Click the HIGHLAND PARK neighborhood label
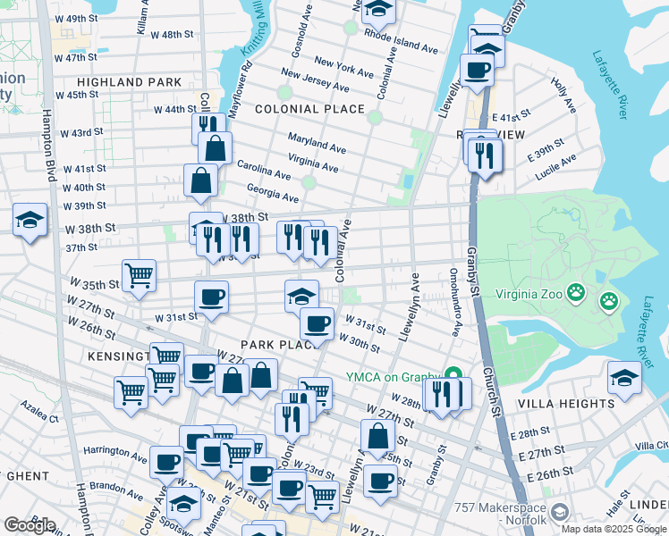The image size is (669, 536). [111, 82]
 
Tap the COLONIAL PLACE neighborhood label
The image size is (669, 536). [309, 109]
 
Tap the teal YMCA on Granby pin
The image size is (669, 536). [453, 375]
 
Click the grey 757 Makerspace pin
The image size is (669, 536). [560, 511]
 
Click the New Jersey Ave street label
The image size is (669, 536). [315, 81]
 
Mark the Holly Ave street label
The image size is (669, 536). [563, 95]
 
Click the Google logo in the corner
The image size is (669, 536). [30, 525]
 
